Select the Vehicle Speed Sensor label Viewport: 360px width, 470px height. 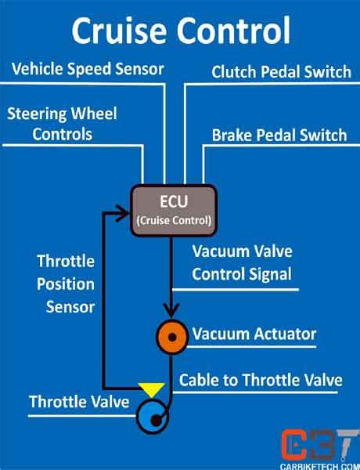(88, 68)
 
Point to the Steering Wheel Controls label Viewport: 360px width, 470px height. (62, 124)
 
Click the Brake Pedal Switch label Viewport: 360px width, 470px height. (279, 135)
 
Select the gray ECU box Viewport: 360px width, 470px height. (171, 209)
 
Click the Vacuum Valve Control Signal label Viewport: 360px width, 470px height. (242, 263)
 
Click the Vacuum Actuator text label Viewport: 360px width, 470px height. (254, 334)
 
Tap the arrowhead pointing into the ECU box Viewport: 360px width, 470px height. (122, 211)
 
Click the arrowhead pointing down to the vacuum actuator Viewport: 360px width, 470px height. (171, 311)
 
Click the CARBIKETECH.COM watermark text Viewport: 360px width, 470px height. (319, 465)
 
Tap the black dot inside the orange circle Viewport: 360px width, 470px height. (173, 337)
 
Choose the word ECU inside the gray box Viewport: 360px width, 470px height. (171, 202)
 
